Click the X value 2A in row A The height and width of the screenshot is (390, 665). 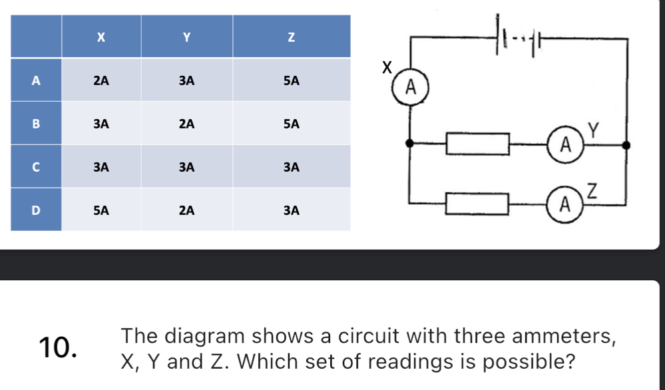click(101, 81)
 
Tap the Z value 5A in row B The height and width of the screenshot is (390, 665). click(290, 124)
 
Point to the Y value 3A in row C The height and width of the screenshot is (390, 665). click(186, 167)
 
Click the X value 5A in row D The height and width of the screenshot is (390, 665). click(101, 210)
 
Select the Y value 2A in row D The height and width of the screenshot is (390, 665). click(186, 210)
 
